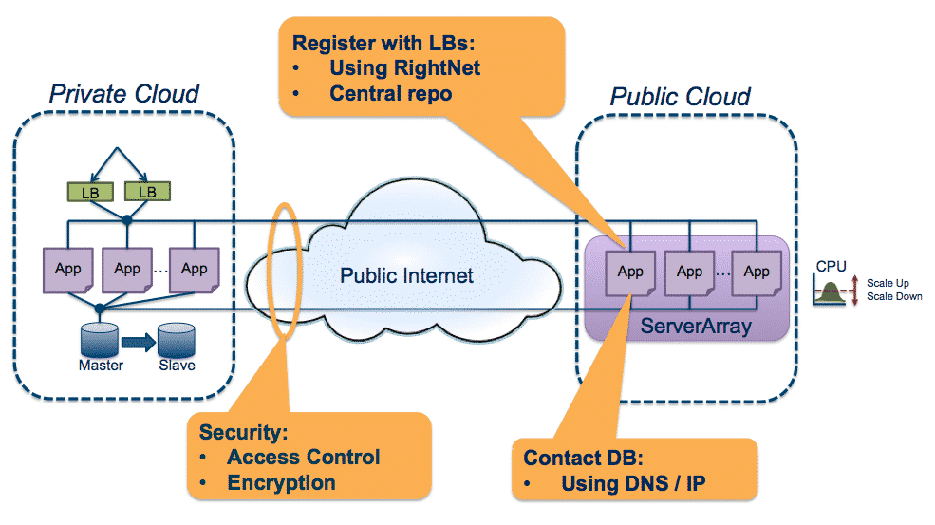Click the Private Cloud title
point(124,94)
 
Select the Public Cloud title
point(680,97)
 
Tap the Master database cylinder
point(101,339)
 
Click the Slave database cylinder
point(177,339)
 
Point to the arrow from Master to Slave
point(139,340)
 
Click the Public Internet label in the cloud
point(407,276)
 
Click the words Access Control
point(303,457)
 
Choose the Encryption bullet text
point(281,482)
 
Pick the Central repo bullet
point(390,93)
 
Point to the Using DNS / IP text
point(633,483)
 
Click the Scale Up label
point(888,282)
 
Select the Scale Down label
point(894,296)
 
